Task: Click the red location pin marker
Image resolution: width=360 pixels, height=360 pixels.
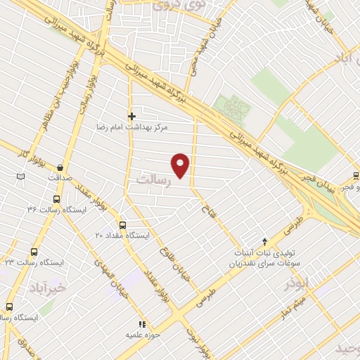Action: (181, 165)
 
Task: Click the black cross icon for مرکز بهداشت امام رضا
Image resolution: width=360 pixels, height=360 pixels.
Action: (131, 116)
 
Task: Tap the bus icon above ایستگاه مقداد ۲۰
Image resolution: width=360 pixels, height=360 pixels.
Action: (123, 225)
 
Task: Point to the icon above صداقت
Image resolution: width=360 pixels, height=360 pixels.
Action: (61, 167)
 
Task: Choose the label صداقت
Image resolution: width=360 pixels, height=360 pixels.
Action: (60, 178)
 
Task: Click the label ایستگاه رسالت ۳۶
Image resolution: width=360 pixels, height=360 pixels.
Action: (56, 210)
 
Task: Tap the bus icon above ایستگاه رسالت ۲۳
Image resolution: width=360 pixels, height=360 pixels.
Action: (34, 252)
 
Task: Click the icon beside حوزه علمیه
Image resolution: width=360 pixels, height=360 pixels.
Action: (141, 324)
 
